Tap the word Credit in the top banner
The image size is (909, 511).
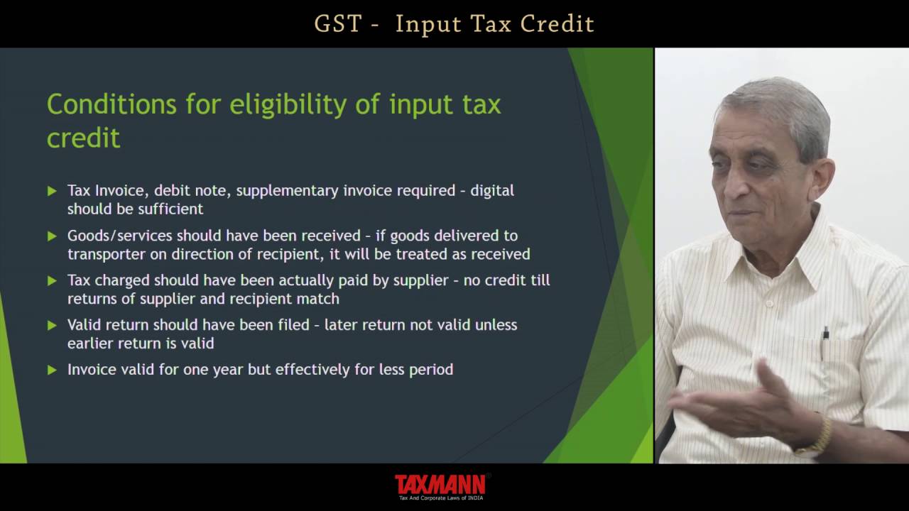[557, 23]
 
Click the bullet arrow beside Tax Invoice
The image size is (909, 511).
[52, 191]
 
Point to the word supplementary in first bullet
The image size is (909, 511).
[288, 191]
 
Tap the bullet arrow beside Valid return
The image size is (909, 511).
[52, 325]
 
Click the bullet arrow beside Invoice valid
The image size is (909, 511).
[52, 370]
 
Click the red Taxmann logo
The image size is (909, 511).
[440, 485]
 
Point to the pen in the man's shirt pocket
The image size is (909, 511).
[825, 340]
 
